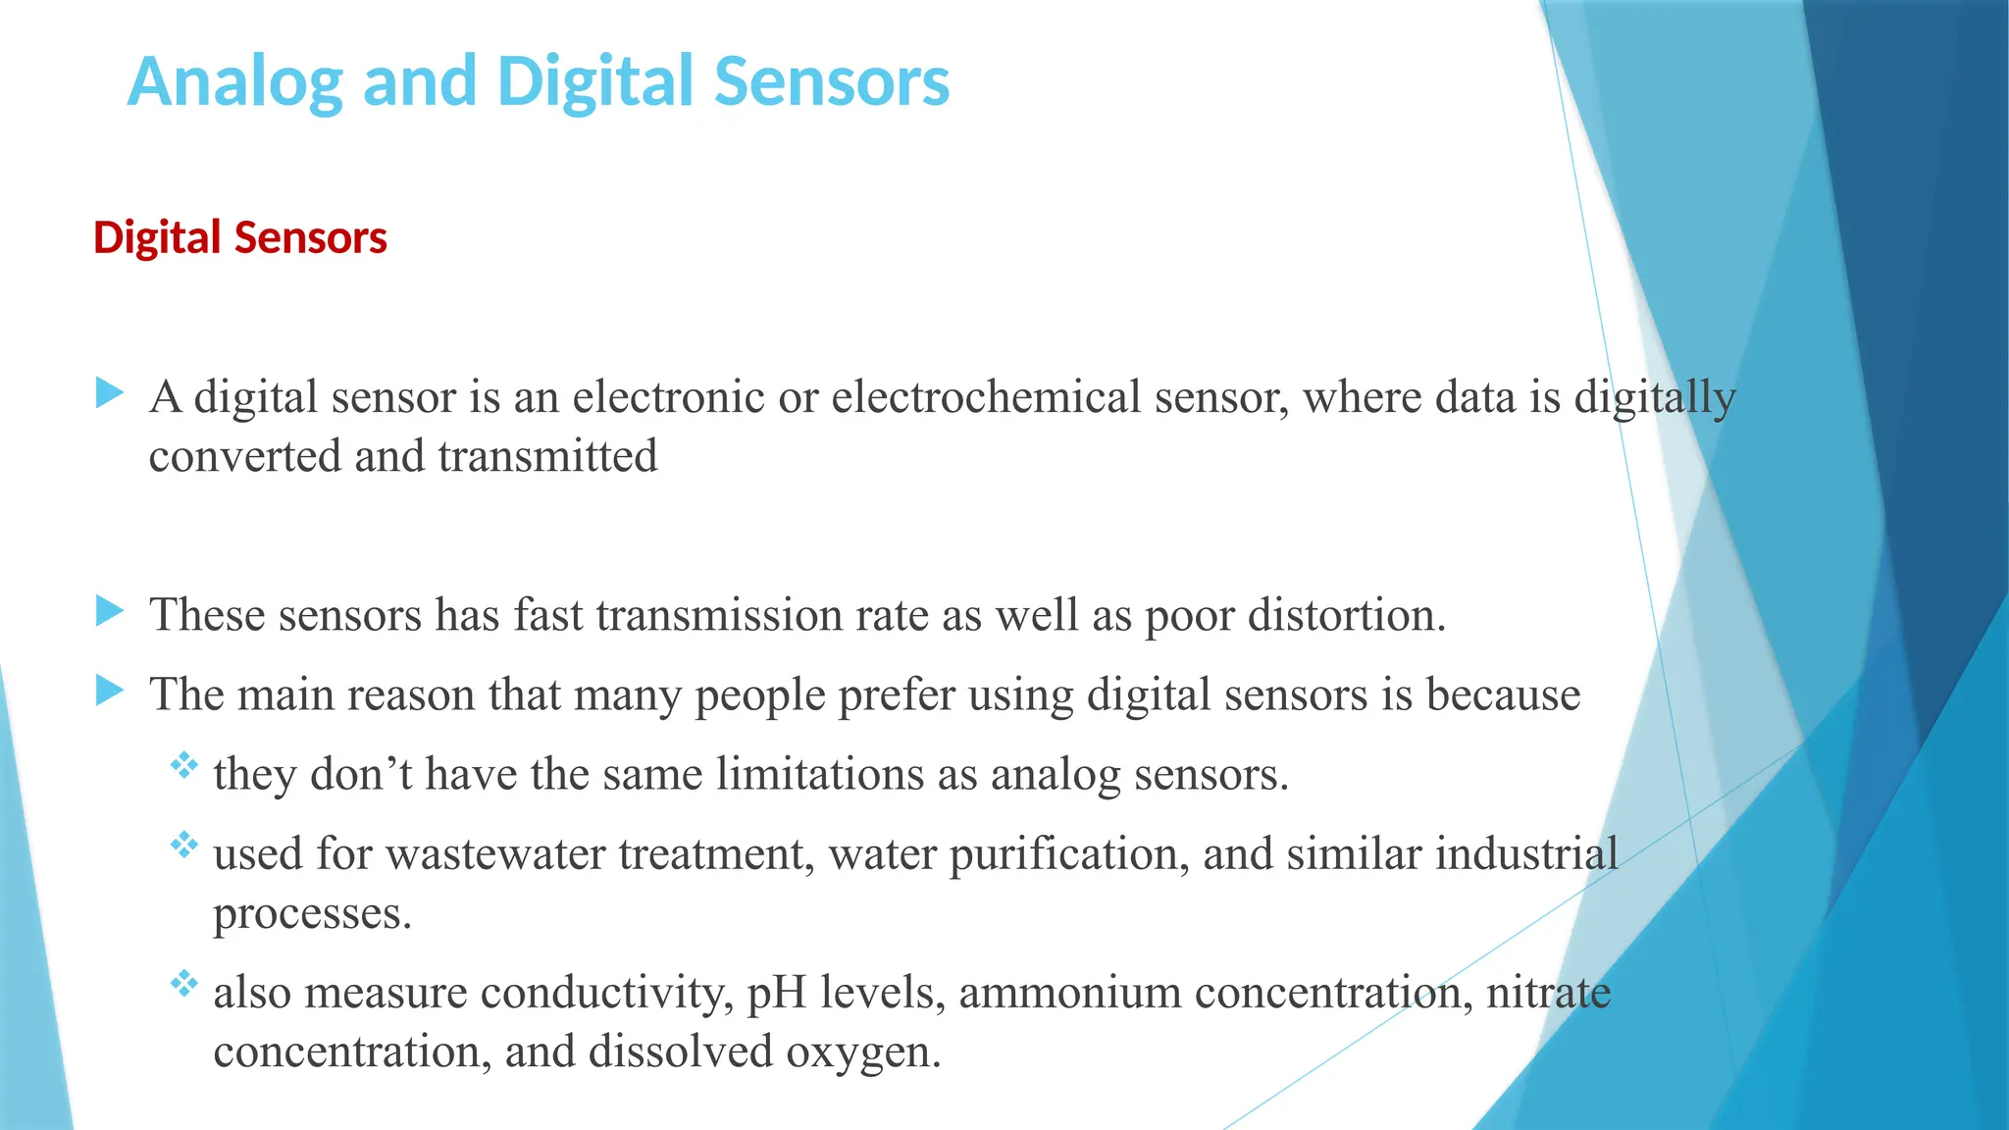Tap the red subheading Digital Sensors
tap(240, 238)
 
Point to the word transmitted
tap(547, 456)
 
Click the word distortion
tap(1344, 615)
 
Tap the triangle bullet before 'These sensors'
tap(110, 612)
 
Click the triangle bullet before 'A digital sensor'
tap(110, 394)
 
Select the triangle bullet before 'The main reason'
tap(110, 692)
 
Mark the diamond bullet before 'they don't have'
tap(183, 765)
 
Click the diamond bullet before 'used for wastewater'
tap(183, 845)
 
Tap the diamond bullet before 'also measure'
tap(183, 983)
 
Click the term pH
tap(776, 993)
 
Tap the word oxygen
tap(863, 1053)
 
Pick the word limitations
tap(819, 774)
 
